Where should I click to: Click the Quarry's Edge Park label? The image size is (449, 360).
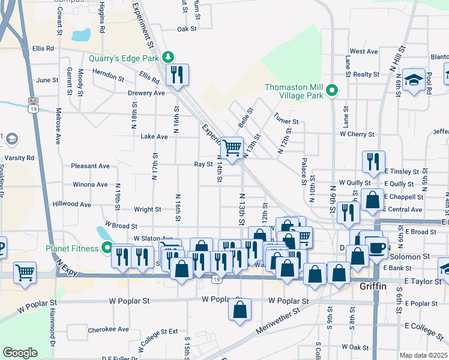pyautogui.click(x=123, y=58)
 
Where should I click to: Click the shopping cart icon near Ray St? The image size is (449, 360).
pyautogui.click(x=232, y=147)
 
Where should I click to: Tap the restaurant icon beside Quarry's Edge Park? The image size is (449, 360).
pyautogui.click(x=176, y=74)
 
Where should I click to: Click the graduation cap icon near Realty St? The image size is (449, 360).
pyautogui.click(x=414, y=80)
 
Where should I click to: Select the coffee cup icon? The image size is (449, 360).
pyautogui.click(x=376, y=248)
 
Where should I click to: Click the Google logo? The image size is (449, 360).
pyautogui.click(x=20, y=353)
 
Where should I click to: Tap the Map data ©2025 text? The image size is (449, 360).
pyautogui.click(x=423, y=355)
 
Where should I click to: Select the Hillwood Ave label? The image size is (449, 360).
pyautogui.click(x=71, y=205)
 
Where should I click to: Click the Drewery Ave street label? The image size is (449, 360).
pyautogui.click(x=146, y=93)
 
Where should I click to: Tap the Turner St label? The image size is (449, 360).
pyautogui.click(x=286, y=122)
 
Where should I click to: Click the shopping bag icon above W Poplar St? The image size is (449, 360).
pyautogui.click(x=240, y=310)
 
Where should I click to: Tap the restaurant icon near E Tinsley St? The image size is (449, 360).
pyautogui.click(x=373, y=161)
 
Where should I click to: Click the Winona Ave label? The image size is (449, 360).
pyautogui.click(x=89, y=185)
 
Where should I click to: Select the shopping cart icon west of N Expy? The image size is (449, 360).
pyautogui.click(x=25, y=273)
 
